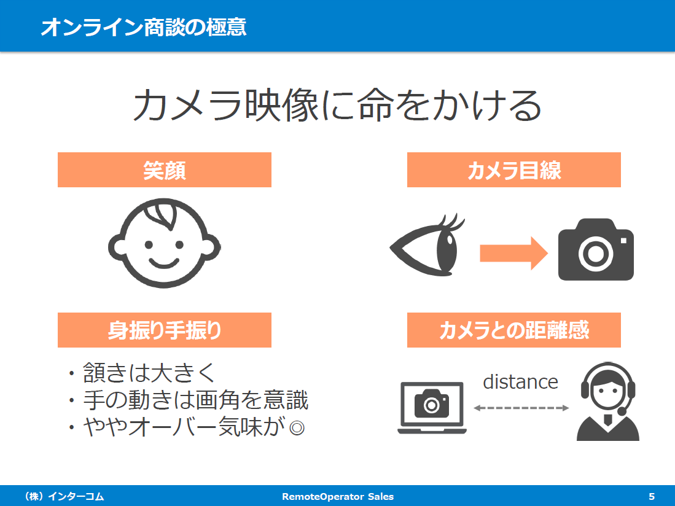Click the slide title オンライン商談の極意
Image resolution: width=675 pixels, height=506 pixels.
click(x=143, y=26)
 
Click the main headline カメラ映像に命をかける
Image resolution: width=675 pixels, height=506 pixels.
click(x=338, y=105)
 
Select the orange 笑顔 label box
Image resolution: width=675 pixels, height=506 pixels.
click(x=165, y=169)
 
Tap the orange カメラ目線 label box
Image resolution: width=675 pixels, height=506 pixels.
click(x=514, y=169)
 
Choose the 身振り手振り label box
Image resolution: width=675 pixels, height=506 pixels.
click(x=165, y=330)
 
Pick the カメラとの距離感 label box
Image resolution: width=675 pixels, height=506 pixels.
click(x=514, y=330)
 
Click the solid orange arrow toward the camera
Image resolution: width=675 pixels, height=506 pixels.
click(x=513, y=253)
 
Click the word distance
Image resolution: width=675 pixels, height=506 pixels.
click(x=520, y=382)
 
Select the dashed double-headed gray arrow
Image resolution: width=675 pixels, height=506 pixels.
click(x=521, y=408)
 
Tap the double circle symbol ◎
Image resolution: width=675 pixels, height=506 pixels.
click(x=297, y=428)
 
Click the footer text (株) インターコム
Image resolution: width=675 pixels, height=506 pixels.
click(x=64, y=497)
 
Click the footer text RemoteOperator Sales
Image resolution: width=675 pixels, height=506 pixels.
click(x=338, y=497)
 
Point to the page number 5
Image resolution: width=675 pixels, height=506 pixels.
click(x=652, y=497)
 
